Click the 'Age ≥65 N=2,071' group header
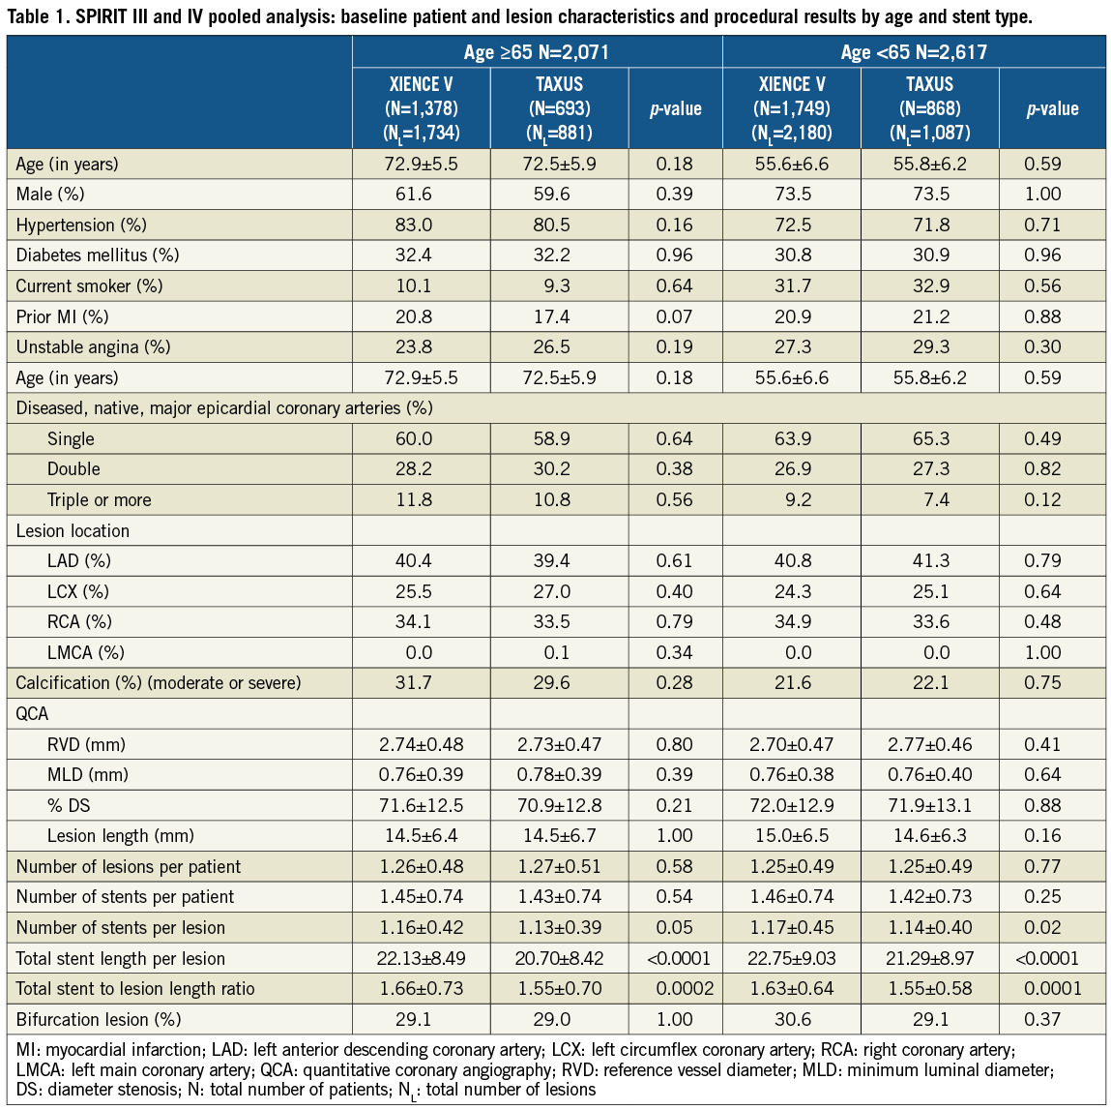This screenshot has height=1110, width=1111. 537,52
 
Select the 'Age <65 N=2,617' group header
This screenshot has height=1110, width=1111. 914,52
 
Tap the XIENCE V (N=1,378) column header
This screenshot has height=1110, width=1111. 421,107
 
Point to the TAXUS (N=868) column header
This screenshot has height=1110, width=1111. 929,107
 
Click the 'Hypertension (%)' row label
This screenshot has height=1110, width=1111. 81,225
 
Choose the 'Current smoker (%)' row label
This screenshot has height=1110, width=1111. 89,286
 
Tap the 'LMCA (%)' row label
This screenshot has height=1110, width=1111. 85,653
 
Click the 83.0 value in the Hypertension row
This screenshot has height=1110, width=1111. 414,225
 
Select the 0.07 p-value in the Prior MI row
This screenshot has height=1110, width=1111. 674,317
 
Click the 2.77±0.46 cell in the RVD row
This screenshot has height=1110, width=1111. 930,745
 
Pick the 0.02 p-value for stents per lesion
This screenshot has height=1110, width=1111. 1043,928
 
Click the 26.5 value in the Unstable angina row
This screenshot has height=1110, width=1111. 552,347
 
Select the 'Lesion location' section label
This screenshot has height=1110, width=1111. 73,531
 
